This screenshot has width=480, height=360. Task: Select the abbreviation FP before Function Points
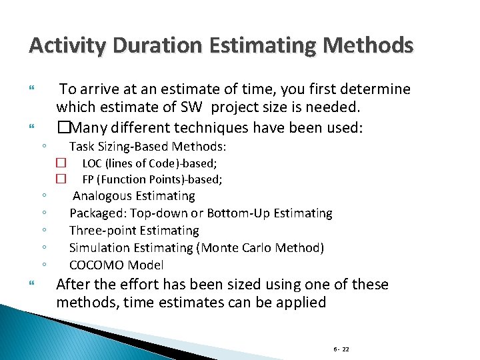[88, 179]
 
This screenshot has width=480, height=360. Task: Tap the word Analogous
[103, 196]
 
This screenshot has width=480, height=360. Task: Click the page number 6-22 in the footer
[341, 349]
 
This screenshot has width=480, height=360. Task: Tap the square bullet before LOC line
[61, 162]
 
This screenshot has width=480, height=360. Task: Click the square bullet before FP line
[61, 179]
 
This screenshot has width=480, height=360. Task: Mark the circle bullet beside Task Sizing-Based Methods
[42, 147]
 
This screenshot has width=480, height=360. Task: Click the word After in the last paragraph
[75, 285]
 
